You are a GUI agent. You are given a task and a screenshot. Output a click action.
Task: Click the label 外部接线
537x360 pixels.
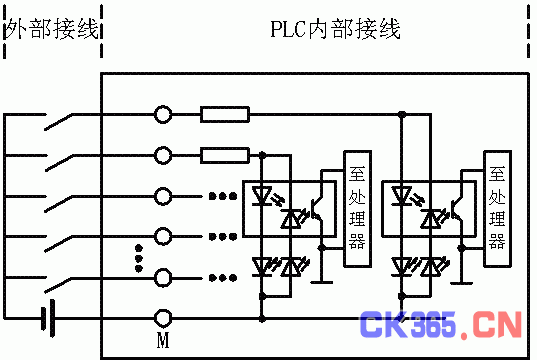(x=52, y=29)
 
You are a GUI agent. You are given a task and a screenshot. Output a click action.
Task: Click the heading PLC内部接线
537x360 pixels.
(x=335, y=28)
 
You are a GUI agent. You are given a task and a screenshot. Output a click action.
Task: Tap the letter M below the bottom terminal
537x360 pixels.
(x=164, y=341)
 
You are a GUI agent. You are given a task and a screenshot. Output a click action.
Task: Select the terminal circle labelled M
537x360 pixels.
(x=164, y=318)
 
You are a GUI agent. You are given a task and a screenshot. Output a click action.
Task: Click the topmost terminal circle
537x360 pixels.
(x=164, y=114)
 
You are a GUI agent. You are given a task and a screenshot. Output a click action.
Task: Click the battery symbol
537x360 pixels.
(x=46, y=318)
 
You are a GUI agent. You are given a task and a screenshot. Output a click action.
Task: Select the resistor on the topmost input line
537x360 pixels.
(x=225, y=114)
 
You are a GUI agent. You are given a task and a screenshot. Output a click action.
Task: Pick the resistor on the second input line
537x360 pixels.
(x=225, y=155)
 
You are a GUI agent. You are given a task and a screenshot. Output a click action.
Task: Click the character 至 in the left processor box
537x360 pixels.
(x=356, y=171)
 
